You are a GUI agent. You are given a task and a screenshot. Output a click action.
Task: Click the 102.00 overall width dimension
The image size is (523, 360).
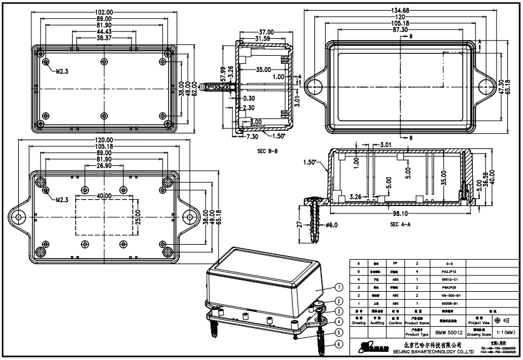point(104,13)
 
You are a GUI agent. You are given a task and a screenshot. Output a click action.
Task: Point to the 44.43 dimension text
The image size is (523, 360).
point(104,31)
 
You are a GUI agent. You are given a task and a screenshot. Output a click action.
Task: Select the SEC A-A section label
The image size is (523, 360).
point(403,224)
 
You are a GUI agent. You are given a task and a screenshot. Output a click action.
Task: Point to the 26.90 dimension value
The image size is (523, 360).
point(105,167)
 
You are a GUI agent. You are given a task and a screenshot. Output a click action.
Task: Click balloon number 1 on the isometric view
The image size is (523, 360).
point(339,288)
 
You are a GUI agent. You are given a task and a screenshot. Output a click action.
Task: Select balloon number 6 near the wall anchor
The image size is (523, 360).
point(339,344)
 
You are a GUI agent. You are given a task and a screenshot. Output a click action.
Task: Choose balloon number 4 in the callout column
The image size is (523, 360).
point(339,321)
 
